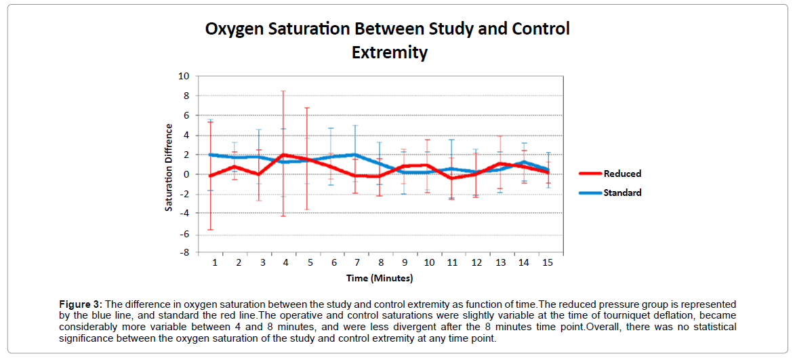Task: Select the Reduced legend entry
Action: [x=622, y=174]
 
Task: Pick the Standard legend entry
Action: [x=623, y=193]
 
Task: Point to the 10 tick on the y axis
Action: [x=184, y=77]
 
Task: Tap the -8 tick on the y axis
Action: [x=184, y=253]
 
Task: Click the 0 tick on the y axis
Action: [x=186, y=174]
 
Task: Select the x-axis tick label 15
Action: [x=547, y=262]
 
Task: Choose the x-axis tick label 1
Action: [x=215, y=262]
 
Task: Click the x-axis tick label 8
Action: [x=381, y=262]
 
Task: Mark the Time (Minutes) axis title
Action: [x=380, y=278]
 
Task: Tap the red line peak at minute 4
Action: [x=283, y=155]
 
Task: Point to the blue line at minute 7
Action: [x=355, y=155]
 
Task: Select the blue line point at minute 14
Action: [x=523, y=162]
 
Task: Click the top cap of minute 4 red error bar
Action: [x=283, y=91]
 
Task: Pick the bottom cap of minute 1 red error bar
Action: [x=211, y=230]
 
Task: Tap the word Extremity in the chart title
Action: [x=389, y=52]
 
